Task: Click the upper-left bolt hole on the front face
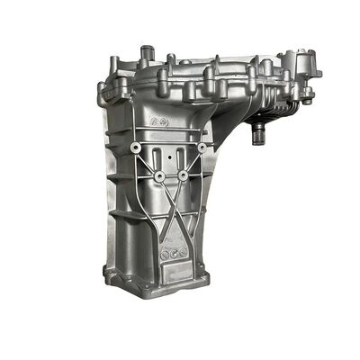pos(135,146)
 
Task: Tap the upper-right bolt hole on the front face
pos(200,147)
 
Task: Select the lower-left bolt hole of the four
pos(158,176)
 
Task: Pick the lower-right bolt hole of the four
pos(184,176)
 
